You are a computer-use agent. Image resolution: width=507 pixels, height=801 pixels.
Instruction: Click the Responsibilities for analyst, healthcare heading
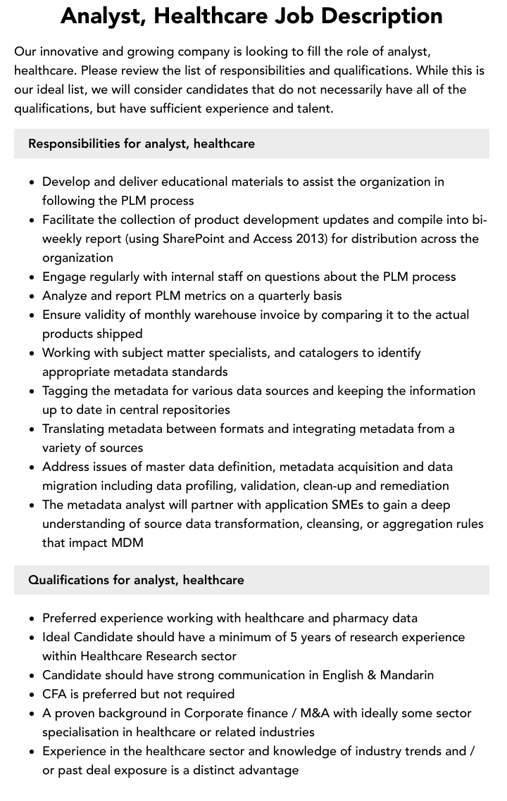pos(142,144)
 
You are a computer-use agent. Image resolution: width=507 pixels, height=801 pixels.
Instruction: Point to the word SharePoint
pos(194,239)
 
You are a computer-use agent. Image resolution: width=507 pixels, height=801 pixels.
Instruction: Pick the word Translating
pos(77,429)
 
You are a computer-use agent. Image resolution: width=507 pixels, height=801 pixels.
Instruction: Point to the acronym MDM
pos(127,543)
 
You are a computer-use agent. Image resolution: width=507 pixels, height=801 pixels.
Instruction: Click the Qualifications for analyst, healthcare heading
pos(136,580)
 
